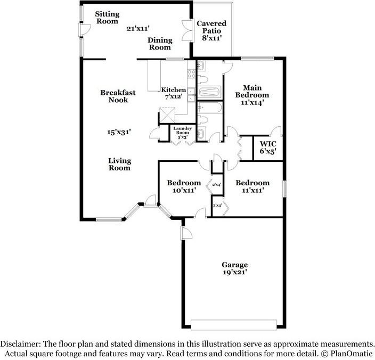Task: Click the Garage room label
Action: click(234, 264)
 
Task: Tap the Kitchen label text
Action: click(174, 90)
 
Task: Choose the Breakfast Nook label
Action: click(118, 96)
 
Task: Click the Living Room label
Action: click(120, 164)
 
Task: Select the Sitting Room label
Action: click(108, 17)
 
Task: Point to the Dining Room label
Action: click(159, 43)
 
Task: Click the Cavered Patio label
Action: click(211, 27)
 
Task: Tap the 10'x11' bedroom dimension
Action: click(184, 190)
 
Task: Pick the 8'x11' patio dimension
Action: click(211, 38)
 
